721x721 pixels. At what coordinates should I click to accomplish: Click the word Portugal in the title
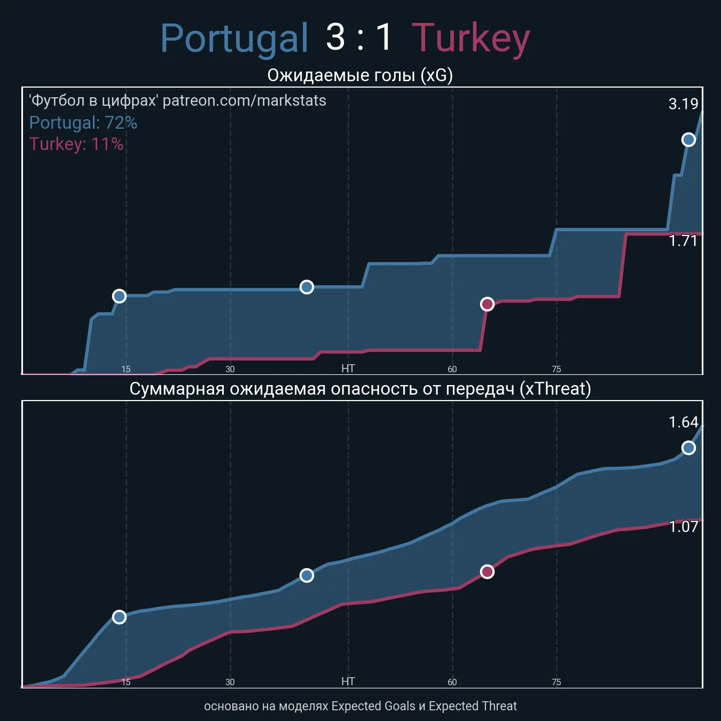coord(234,38)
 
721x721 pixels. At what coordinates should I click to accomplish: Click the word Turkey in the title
coord(471,38)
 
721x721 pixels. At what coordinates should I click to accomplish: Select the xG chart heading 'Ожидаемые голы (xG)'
coord(360,75)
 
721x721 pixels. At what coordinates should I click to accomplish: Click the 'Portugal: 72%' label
coord(83,123)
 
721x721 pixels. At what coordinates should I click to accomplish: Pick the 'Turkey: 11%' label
coord(76,144)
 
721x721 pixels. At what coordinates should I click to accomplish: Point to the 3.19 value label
coord(683,104)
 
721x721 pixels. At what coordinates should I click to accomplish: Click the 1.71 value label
coord(683,241)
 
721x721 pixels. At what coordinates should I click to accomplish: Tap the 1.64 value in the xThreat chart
coord(683,422)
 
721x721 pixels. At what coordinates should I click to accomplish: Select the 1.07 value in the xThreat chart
coord(683,527)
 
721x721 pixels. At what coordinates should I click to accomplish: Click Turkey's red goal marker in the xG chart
coord(487,304)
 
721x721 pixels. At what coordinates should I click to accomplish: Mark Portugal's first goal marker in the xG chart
coord(119,296)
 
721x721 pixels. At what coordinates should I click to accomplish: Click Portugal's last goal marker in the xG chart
coord(688,139)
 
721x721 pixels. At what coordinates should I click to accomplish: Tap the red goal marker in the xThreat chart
coord(487,572)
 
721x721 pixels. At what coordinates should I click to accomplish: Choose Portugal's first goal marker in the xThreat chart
coord(119,617)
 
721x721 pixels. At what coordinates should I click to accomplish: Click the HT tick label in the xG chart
coord(348,369)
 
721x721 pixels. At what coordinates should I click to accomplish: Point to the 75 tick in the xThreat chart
coord(557,682)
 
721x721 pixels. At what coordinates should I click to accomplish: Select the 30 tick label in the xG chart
coord(230,369)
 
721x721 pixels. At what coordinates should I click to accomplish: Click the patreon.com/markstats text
coord(244,100)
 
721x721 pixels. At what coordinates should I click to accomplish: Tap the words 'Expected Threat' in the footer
coord(473,706)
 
